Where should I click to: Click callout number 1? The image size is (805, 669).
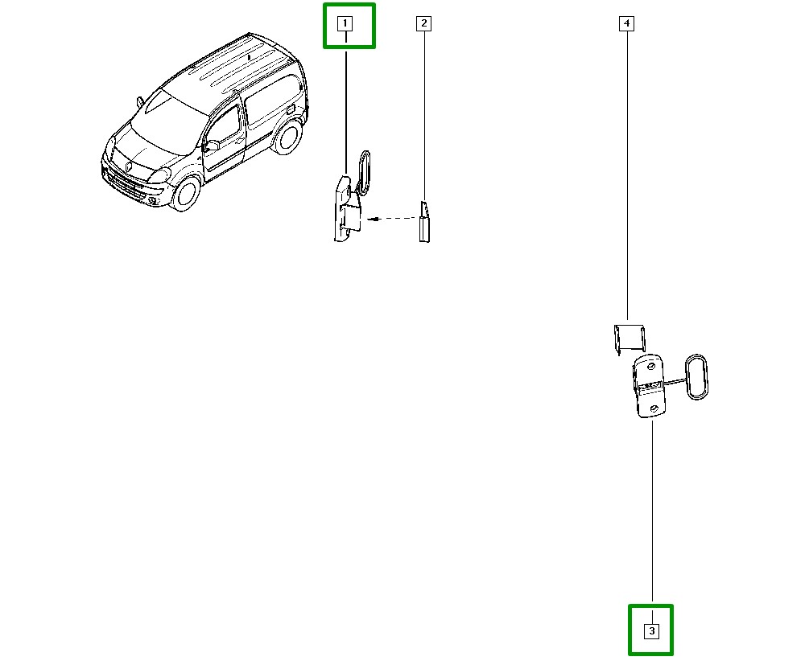tap(345, 23)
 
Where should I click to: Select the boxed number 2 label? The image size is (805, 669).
tap(423, 23)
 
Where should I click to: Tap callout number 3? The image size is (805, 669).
tap(651, 631)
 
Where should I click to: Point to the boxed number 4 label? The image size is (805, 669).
tap(626, 23)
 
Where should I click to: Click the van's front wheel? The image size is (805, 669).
tap(185, 193)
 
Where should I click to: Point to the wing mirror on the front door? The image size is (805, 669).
tap(211, 146)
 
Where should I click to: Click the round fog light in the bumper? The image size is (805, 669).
tap(152, 200)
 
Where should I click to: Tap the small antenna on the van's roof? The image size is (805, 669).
tap(249, 57)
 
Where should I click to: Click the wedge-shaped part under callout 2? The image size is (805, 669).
tap(424, 221)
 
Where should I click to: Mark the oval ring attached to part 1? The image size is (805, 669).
tap(364, 173)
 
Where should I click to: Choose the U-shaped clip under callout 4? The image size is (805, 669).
tap(630, 339)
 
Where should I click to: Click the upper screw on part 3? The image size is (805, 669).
tap(651, 367)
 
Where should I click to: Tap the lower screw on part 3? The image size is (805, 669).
tap(654, 408)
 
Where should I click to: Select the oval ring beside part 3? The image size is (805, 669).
tap(696, 377)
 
